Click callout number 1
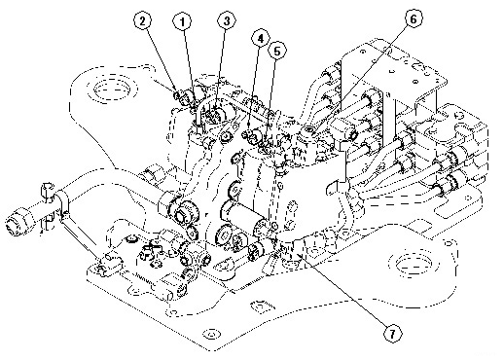182,21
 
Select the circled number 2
144,21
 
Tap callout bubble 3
227,20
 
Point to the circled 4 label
260,39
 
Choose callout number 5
277,51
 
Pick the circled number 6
413,18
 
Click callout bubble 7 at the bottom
393,333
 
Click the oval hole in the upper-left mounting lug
111,88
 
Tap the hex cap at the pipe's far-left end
19,223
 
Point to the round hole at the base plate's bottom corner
211,334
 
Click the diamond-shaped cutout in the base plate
260,306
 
